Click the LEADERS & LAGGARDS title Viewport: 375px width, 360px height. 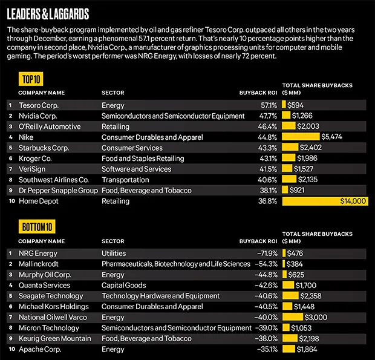[x=48, y=13]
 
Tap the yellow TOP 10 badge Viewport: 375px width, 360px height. [x=30, y=79]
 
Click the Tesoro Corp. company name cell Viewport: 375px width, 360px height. [x=39, y=105]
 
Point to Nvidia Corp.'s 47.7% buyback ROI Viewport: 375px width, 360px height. [x=267, y=116]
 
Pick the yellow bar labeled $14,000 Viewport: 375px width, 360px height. [x=324, y=201]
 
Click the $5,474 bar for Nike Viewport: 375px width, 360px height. [x=301, y=137]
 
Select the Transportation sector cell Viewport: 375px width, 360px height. [x=125, y=180]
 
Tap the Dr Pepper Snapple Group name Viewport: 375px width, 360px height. [x=58, y=191]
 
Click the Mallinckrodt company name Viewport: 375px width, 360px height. [x=40, y=264]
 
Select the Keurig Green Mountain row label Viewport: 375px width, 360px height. [x=54, y=338]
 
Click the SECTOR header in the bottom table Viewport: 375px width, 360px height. [x=112, y=241]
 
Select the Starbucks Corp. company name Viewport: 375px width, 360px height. [x=44, y=148]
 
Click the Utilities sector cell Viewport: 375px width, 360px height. [x=114, y=253]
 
